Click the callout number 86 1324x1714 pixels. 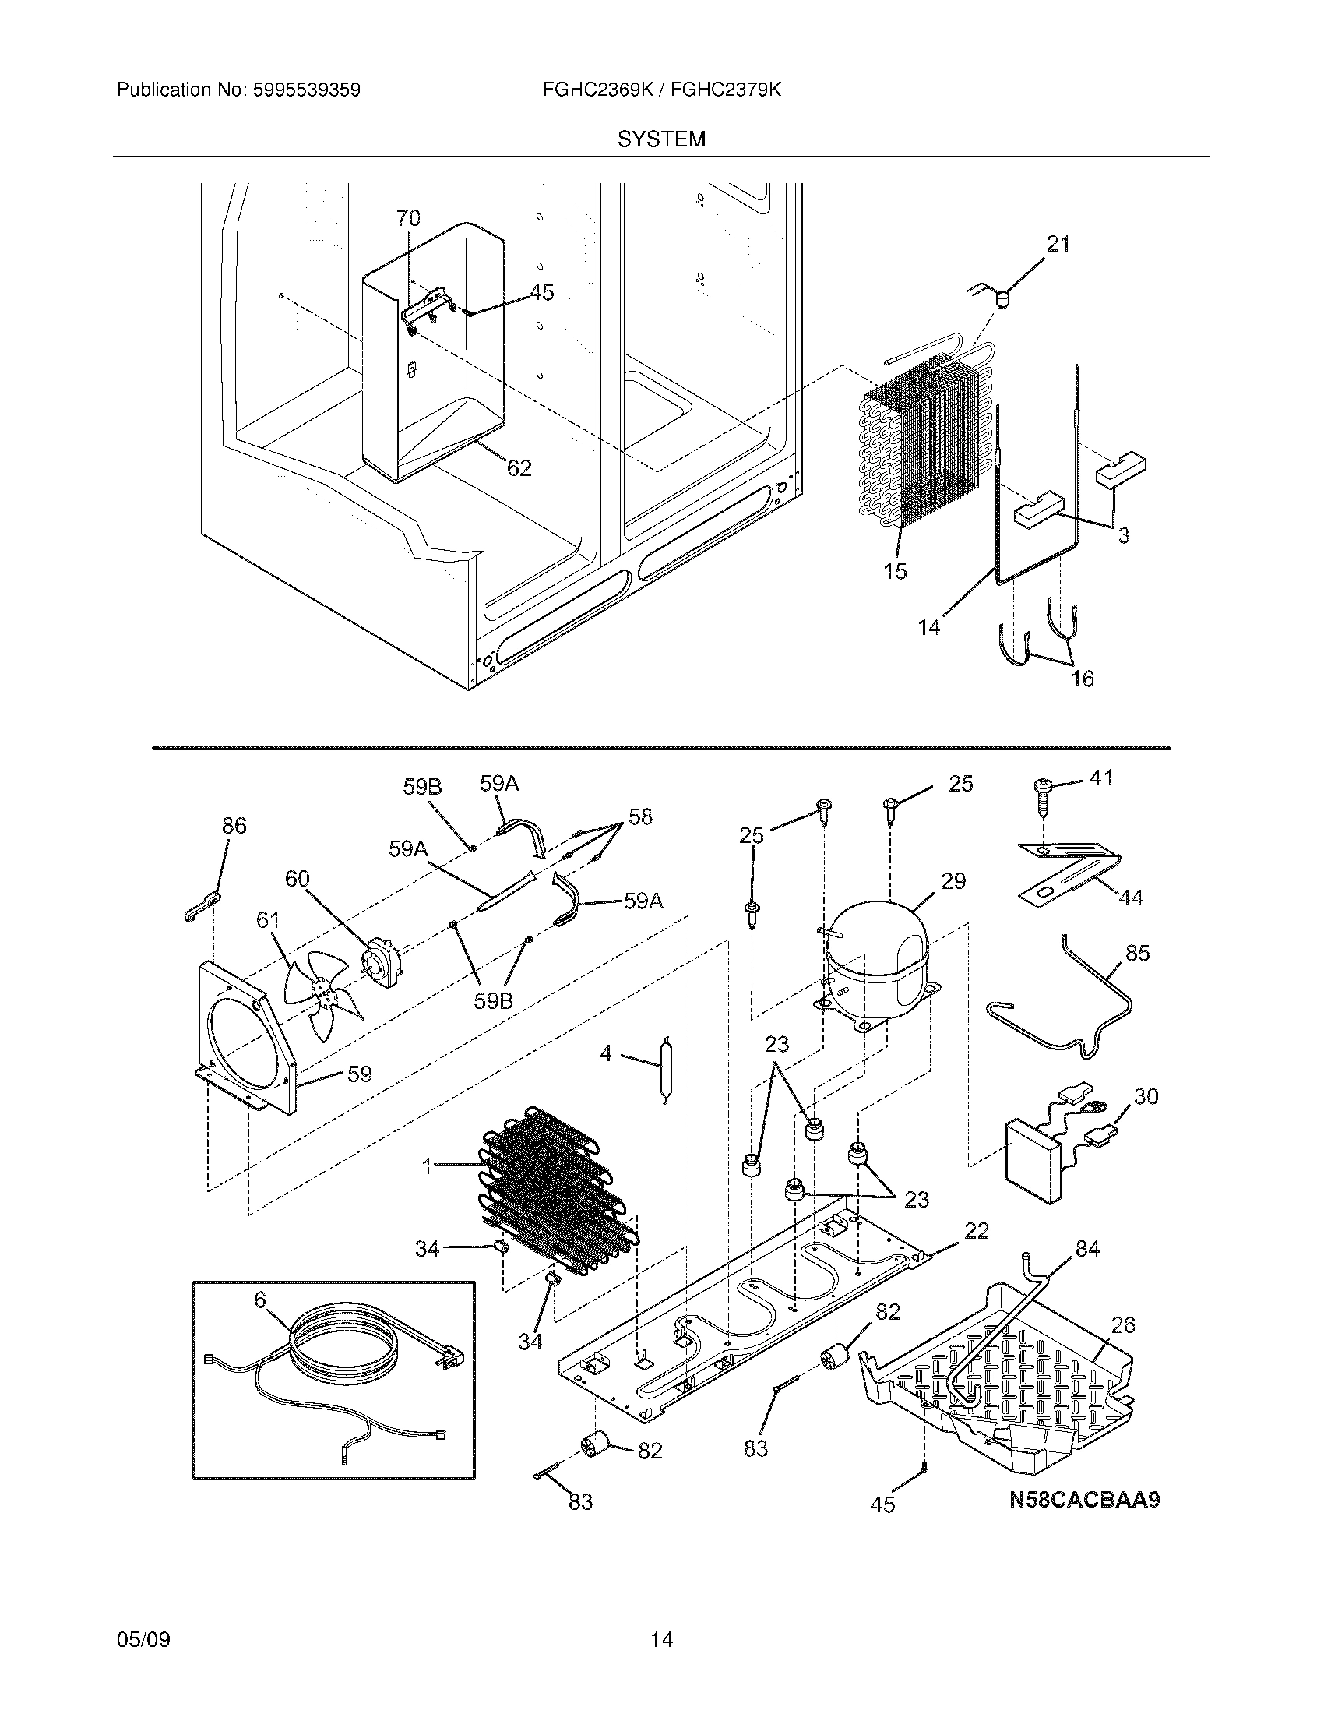pos(234,826)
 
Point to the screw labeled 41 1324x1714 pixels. pos(1043,792)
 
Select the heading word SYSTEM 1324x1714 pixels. pos(661,139)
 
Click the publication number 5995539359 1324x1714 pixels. pos(306,90)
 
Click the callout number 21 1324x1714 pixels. pos(1058,245)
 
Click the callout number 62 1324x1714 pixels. pos(519,468)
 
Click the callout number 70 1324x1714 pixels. pos(409,218)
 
